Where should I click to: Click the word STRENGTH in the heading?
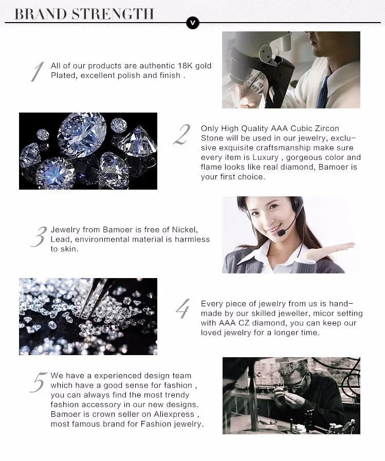click(113, 14)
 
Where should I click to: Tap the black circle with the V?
click(193, 23)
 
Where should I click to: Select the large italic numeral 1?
click(36, 71)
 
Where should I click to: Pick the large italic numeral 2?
click(182, 135)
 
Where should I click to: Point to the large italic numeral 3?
click(38, 236)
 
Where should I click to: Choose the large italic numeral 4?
click(182, 308)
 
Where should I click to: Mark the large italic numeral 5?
click(39, 383)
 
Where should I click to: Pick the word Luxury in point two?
click(262, 157)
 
